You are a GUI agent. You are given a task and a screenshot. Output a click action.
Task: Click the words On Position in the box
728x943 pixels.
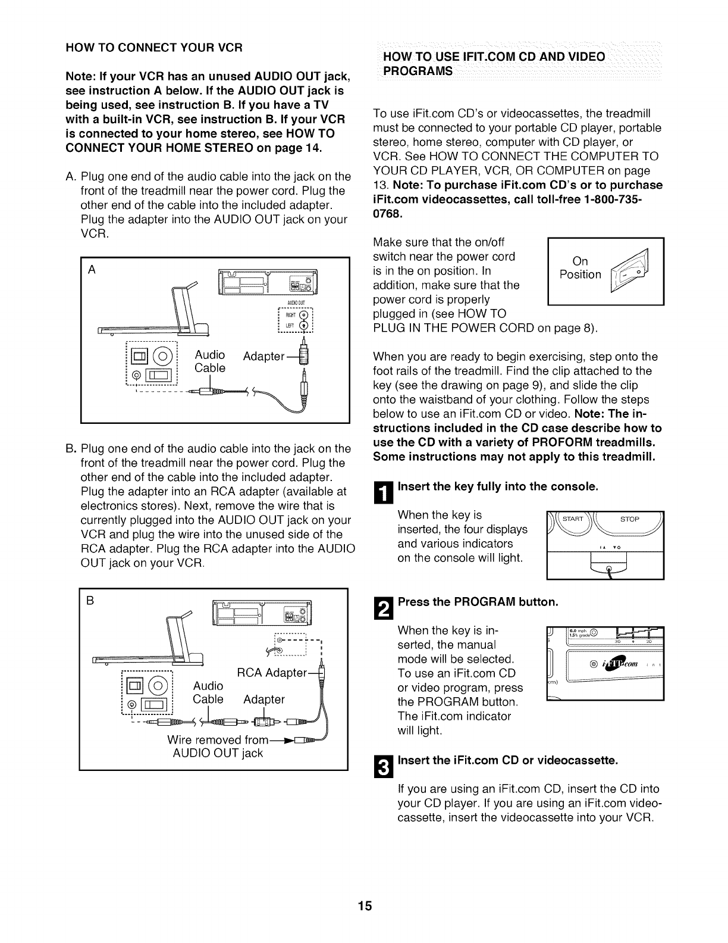coord(580,268)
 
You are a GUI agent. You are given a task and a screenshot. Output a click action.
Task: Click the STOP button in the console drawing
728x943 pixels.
coord(629,519)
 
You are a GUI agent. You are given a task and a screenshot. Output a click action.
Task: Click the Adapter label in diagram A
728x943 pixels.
coord(265,356)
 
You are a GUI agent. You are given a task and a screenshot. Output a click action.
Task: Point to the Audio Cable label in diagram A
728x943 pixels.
coord(210,361)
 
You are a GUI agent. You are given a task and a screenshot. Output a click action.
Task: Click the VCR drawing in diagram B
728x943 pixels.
coord(262,613)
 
